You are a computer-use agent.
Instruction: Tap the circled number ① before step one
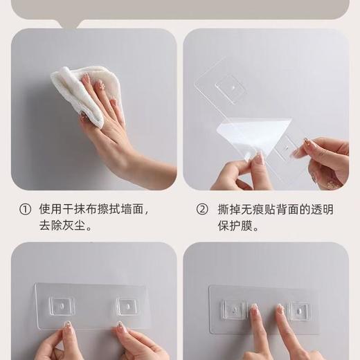pyautogui.click(x=25, y=209)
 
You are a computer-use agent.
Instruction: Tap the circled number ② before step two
pyautogui.click(x=202, y=209)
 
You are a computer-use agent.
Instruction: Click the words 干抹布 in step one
pyautogui.click(x=75, y=209)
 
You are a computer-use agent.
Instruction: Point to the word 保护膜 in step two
pyautogui.click(x=238, y=226)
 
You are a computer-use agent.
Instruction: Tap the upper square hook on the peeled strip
pyautogui.click(x=231, y=89)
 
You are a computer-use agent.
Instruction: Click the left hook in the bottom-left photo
pyautogui.click(x=61, y=306)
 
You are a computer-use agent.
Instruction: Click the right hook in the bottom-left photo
pyautogui.click(x=128, y=306)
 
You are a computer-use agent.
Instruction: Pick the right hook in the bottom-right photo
pyautogui.click(x=299, y=310)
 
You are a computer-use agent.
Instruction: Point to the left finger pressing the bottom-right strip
pyautogui.click(x=258, y=332)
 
